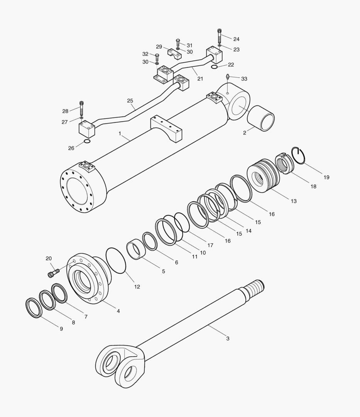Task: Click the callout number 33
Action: pos(244,79)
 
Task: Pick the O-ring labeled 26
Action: pos(87,142)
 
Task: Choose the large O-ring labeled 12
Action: pos(116,261)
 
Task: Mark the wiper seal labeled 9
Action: pos(33,308)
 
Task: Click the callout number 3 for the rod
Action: pos(228,339)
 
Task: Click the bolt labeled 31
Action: pos(178,41)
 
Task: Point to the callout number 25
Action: pos(130,101)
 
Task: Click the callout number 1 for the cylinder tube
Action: pos(120,134)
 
